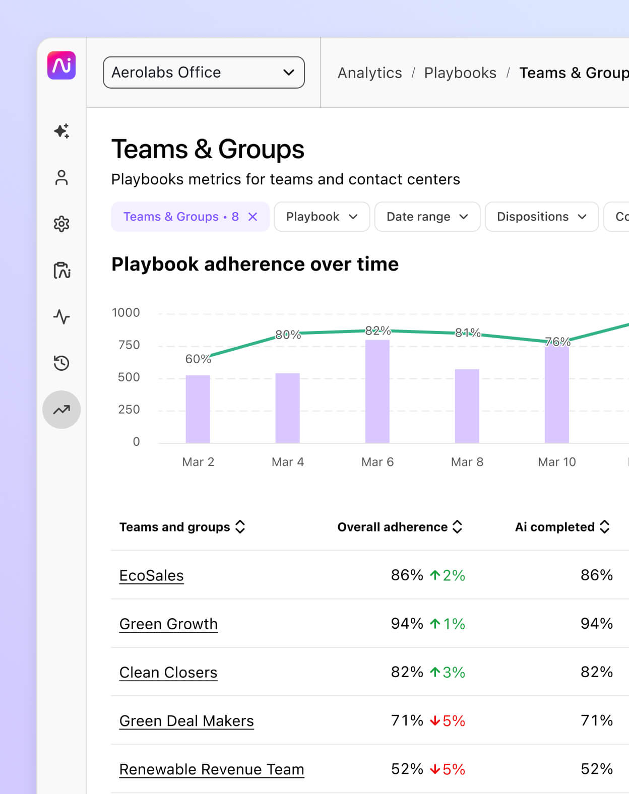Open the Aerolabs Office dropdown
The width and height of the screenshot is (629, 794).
point(204,73)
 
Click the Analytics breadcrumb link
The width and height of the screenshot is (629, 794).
point(369,73)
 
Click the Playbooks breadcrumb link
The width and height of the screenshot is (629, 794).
point(460,73)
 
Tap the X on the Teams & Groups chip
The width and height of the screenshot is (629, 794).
point(253,217)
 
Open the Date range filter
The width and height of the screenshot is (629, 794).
point(427,217)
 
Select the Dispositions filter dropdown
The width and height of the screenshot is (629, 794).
point(541,217)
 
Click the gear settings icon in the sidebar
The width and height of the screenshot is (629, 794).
point(61,224)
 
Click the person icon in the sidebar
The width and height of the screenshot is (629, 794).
point(61,177)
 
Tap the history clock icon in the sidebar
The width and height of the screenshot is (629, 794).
point(61,363)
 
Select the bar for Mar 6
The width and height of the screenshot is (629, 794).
point(377,391)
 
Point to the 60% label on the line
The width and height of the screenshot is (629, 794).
point(198,359)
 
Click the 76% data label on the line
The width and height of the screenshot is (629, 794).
point(557,342)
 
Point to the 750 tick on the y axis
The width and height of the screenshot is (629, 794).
point(129,345)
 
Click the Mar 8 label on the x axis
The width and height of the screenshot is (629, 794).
point(467,462)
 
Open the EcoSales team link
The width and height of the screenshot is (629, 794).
point(151,575)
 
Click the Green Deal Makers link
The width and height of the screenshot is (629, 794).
point(186,721)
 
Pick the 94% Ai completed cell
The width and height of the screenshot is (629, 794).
point(596,624)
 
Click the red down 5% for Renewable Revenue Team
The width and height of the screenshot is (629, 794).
point(448,769)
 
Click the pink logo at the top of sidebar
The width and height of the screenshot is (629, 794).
point(61,65)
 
